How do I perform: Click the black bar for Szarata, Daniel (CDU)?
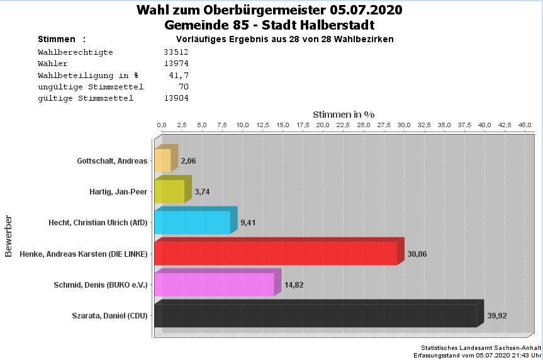tap(315, 315)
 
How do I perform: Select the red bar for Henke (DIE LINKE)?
tap(276, 254)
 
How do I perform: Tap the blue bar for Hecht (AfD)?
tap(193, 222)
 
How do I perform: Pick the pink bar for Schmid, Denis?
tap(214, 284)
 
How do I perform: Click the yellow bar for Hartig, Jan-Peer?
tap(169, 191)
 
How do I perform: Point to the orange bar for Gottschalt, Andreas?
tap(162, 160)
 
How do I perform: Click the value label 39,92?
tap(497, 315)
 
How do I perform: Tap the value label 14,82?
tap(294, 284)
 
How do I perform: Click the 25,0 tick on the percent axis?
tap(363, 125)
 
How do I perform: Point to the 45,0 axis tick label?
tap(525, 125)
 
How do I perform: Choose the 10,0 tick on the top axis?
tap(242, 125)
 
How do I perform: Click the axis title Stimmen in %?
tap(344, 115)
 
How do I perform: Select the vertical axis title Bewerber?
tap(9, 236)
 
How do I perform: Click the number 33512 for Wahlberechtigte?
tap(176, 52)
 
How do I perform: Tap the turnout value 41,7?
tap(179, 75)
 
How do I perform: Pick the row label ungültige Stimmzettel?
tap(91, 86)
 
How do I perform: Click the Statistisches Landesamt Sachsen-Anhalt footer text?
tap(481, 347)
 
